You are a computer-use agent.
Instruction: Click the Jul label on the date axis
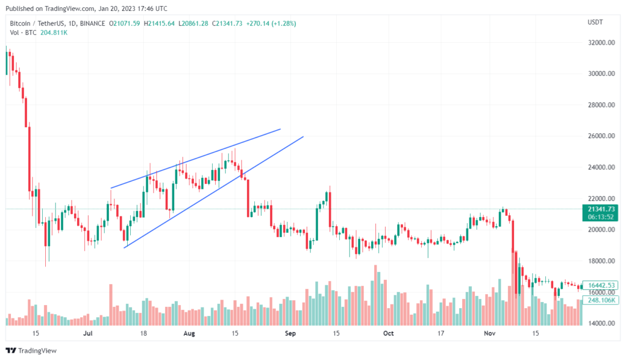pos(88,334)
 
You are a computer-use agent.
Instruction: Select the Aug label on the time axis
pos(189,334)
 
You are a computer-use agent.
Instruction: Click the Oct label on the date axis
pos(388,334)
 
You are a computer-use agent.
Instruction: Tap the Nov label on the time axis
pos(488,334)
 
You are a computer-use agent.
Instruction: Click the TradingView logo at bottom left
pos(31,350)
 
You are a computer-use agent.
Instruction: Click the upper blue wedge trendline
pos(196,158)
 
